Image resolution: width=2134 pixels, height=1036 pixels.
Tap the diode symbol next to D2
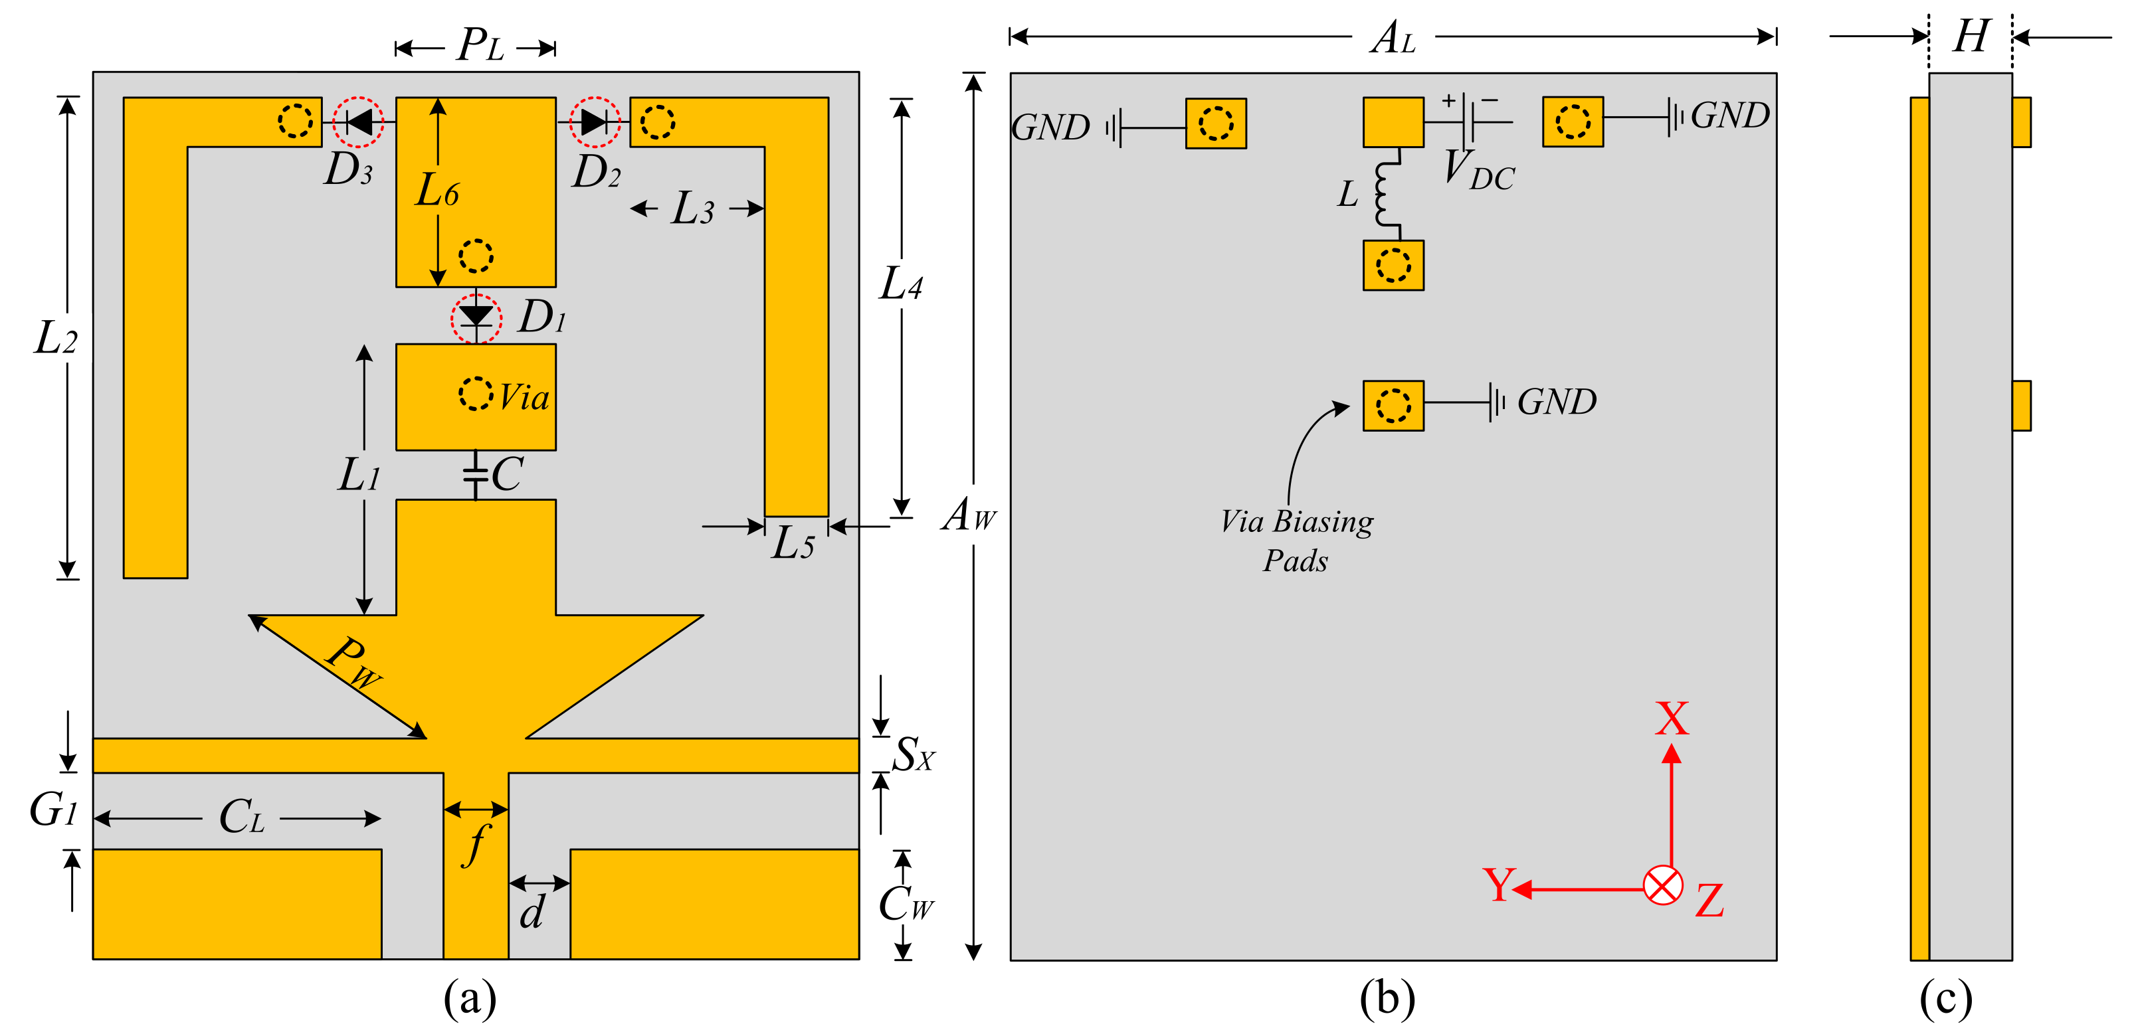[x=594, y=122]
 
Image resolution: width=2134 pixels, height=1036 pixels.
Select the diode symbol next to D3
[x=359, y=122]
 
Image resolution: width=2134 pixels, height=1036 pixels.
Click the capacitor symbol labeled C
[x=476, y=475]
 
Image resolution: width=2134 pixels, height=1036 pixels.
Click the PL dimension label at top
[x=480, y=46]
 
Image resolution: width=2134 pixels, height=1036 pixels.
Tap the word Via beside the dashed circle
[x=524, y=398]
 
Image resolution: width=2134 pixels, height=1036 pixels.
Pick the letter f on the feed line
[x=476, y=843]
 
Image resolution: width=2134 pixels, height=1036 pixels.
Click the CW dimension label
[x=906, y=905]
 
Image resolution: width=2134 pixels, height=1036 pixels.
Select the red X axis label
[x=1672, y=719]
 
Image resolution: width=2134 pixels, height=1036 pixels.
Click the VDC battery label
[x=1479, y=171]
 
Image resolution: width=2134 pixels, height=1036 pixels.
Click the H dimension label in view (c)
[x=1971, y=37]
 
